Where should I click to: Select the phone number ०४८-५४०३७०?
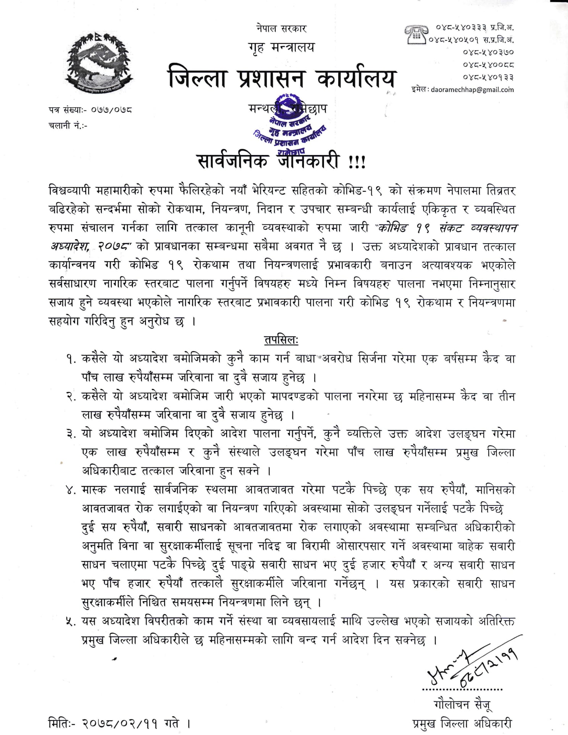[x=488, y=52]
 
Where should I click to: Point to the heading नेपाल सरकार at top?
[x=282, y=28]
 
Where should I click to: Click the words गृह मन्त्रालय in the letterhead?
[x=281, y=48]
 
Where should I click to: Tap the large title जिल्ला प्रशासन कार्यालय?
[x=281, y=78]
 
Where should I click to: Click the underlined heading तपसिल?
[x=281, y=339]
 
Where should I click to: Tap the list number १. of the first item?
[x=71, y=359]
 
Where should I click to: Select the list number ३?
[x=71, y=434]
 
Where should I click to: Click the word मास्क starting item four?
[x=94, y=490]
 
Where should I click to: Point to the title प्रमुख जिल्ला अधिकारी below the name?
[x=462, y=723]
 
